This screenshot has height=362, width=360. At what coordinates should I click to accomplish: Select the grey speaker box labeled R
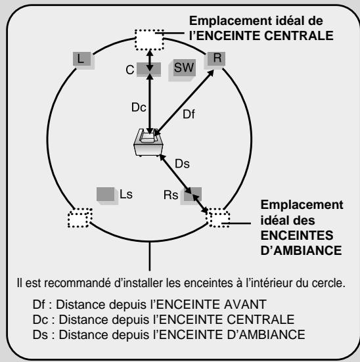coord(217,58)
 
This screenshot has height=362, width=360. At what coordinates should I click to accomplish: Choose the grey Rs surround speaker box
coord(193,194)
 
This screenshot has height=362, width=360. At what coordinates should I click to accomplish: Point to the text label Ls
coord(125,194)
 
